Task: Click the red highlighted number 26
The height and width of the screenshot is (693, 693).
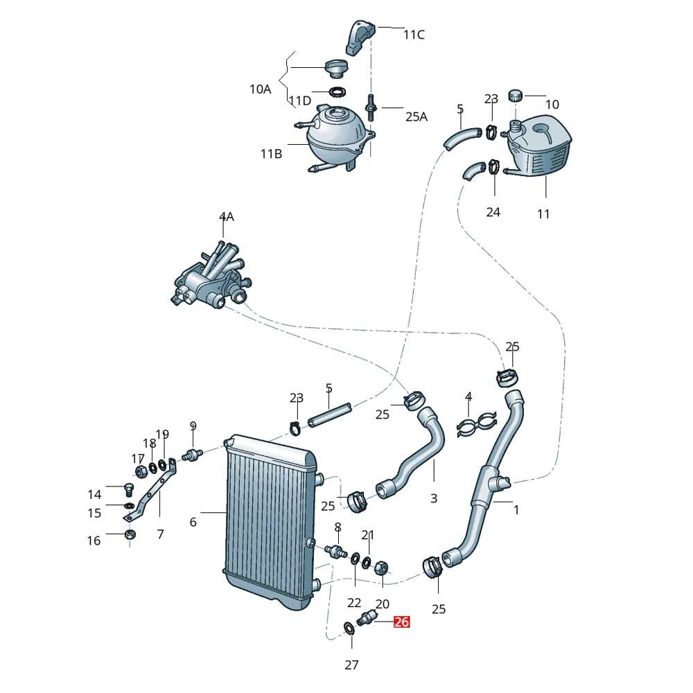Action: coord(401,622)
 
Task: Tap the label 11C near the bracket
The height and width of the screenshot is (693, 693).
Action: coord(414,34)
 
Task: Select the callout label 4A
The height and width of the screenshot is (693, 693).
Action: coord(227,217)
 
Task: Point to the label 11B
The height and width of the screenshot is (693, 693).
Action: coord(271,154)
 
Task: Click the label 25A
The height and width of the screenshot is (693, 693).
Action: coord(416,116)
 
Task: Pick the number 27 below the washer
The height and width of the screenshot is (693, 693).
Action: coord(351,665)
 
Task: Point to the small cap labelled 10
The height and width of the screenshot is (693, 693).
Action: coord(516,95)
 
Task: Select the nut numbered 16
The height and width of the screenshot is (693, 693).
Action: coord(130,535)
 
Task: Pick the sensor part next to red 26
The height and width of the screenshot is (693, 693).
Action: coord(367,617)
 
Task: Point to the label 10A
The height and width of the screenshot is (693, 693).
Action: coord(261,89)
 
